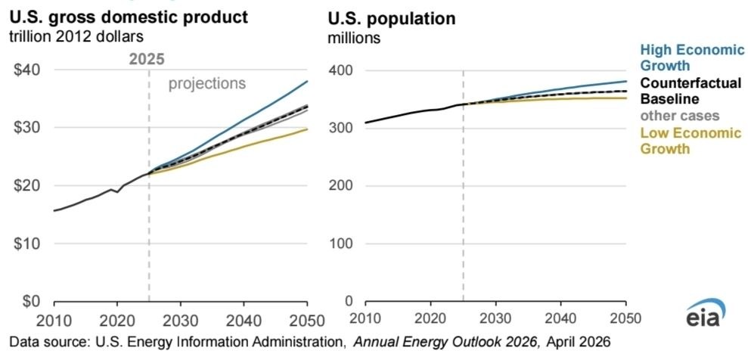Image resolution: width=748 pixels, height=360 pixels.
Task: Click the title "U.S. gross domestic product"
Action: [129, 17]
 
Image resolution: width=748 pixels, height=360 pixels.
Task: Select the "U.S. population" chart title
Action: [391, 19]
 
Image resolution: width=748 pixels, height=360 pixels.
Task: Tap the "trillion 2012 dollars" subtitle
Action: [77, 37]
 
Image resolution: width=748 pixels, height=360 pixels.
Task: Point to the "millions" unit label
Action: [354, 38]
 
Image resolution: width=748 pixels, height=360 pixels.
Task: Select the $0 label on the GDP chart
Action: [33, 301]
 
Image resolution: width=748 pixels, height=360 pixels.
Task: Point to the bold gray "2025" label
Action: [147, 59]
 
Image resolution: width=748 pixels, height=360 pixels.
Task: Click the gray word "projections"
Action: [207, 84]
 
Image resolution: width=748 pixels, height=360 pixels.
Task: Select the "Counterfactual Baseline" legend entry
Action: [691, 91]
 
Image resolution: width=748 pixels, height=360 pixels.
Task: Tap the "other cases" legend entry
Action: [679, 116]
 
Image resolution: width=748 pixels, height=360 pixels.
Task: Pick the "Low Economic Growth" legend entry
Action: [691, 141]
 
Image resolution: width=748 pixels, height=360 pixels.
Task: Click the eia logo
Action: [706, 313]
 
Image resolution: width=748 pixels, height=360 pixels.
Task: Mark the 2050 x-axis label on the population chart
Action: [625, 318]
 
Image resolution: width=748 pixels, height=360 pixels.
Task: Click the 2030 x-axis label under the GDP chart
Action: [180, 319]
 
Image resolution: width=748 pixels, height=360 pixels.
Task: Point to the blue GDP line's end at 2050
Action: [307, 81]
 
